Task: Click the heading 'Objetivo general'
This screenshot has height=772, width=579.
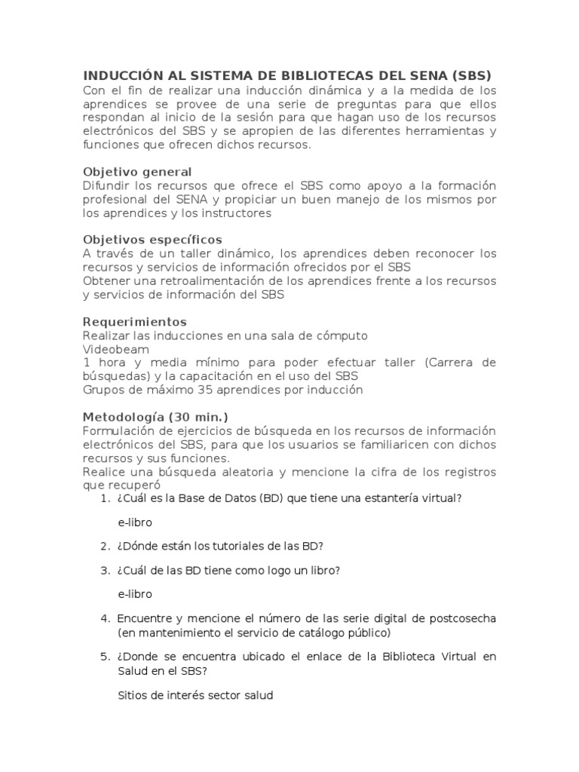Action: click(136, 172)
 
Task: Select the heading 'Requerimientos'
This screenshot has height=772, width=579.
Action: click(134, 322)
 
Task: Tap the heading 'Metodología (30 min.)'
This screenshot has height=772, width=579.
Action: click(155, 417)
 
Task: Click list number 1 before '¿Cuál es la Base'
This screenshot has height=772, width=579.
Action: click(104, 498)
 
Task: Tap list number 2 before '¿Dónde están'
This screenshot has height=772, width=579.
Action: click(104, 546)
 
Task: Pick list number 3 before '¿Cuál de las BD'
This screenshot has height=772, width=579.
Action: click(104, 570)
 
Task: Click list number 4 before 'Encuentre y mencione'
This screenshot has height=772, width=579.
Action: click(104, 618)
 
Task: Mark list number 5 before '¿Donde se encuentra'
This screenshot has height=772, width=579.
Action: click(104, 657)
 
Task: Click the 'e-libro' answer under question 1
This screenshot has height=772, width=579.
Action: click(135, 522)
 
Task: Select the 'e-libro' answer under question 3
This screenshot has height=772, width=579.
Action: click(135, 594)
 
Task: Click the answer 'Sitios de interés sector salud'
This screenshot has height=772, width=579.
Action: click(195, 695)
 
